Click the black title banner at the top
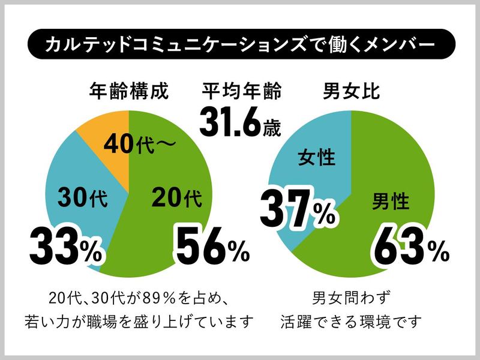point(240,45)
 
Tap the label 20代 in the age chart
point(174,197)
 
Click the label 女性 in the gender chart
point(316,159)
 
